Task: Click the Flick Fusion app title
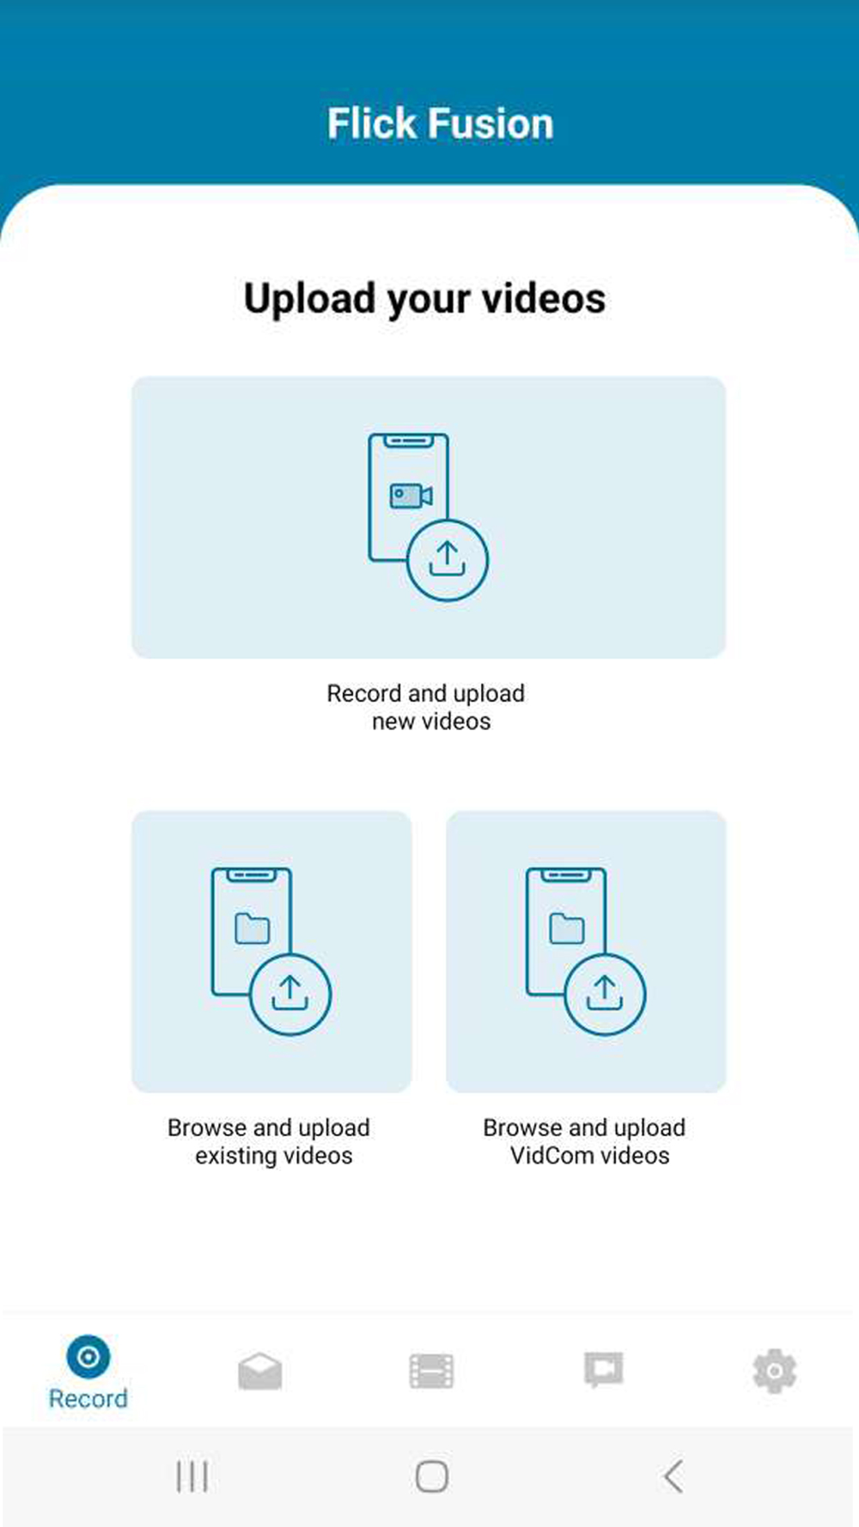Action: pos(440,124)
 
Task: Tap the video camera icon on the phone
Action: pos(411,496)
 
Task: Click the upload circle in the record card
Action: pos(448,560)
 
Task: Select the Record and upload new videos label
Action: pos(426,707)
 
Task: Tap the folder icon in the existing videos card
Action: pos(253,928)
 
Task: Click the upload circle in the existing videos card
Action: pos(290,994)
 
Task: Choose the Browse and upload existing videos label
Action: pos(269,1141)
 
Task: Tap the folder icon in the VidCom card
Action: pos(567,928)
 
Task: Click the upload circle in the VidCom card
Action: pos(605,994)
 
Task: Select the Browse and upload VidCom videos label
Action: pos(585,1141)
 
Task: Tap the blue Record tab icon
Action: pos(88,1357)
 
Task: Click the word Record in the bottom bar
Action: pos(88,1399)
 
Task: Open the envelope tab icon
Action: pos(260,1371)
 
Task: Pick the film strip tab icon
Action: pos(431,1371)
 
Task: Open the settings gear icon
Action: pos(775,1371)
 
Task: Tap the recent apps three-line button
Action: pos(192,1476)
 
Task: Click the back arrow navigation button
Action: pos(673,1476)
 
